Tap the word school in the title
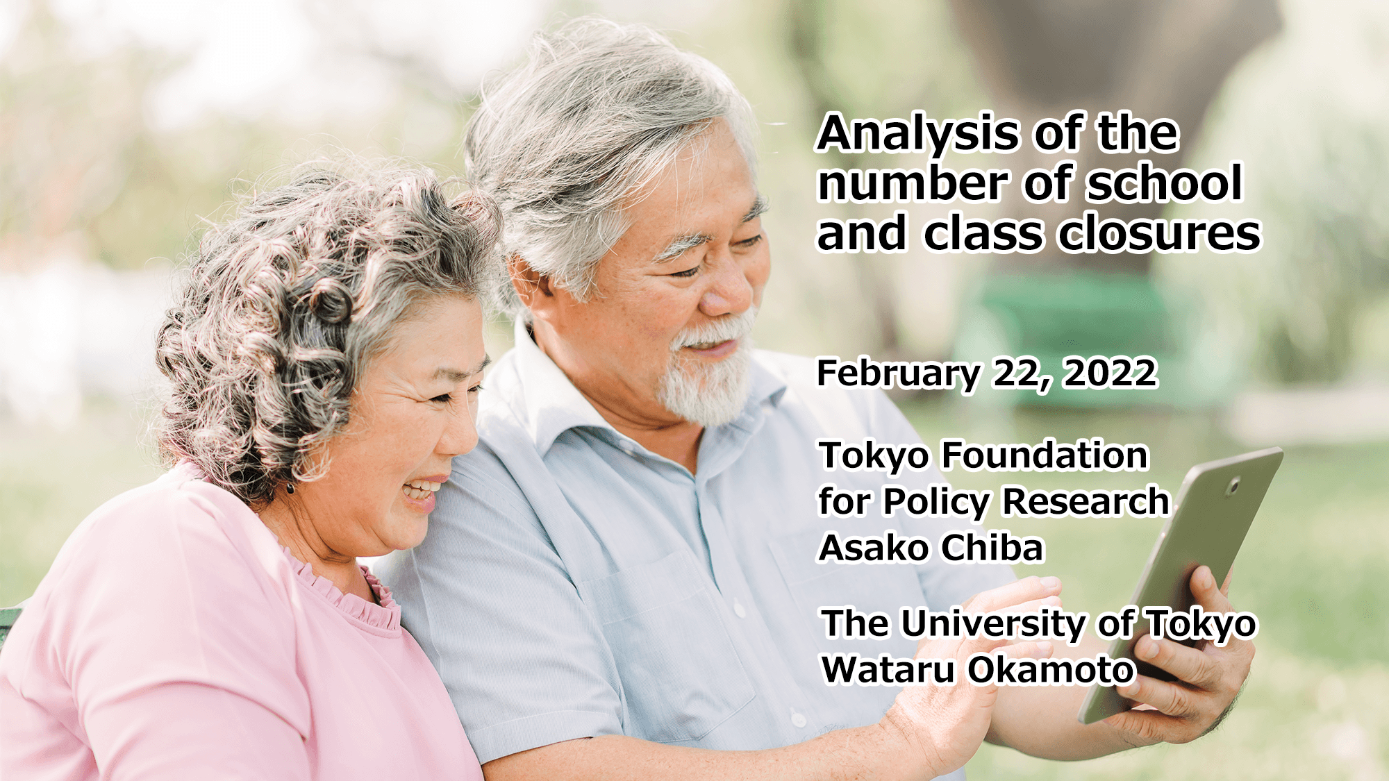1165,183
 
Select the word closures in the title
1159,233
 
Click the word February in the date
899,373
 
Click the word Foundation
1045,455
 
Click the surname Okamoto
1051,670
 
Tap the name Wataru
888,670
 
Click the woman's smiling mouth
420,492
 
